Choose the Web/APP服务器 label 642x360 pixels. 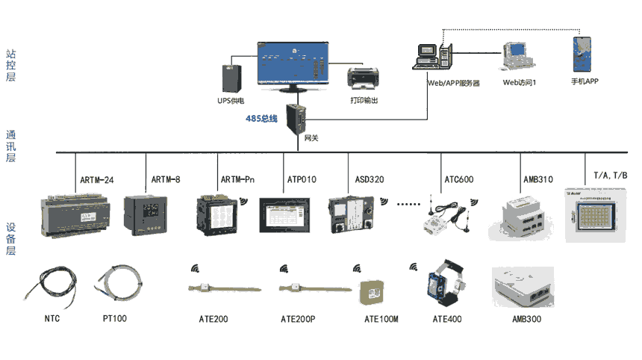[x=452, y=83]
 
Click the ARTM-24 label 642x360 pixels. [x=96, y=179]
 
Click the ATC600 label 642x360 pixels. [x=458, y=179]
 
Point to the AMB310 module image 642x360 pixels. [x=521, y=217]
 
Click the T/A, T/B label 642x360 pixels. [x=610, y=176]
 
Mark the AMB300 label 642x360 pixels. [x=526, y=319]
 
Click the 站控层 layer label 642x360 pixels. [x=10, y=66]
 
